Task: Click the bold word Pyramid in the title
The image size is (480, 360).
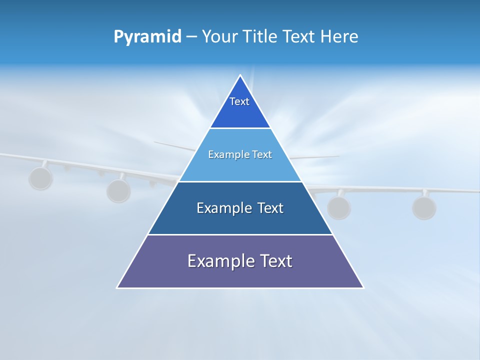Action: [147, 37]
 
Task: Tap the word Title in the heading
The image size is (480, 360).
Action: [261, 36]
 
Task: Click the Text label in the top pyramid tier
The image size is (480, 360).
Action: [239, 101]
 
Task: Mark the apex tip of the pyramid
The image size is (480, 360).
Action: [240, 75]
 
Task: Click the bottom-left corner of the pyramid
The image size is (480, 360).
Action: [117, 287]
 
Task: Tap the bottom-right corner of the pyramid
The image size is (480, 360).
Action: [363, 287]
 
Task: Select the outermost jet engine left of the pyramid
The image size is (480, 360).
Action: [40, 178]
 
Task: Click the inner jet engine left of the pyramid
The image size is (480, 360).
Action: [118, 190]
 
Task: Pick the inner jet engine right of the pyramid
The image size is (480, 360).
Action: [338, 207]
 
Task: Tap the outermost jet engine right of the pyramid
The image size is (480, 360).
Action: [424, 207]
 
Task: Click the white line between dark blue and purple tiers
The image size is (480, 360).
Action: [240, 234]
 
